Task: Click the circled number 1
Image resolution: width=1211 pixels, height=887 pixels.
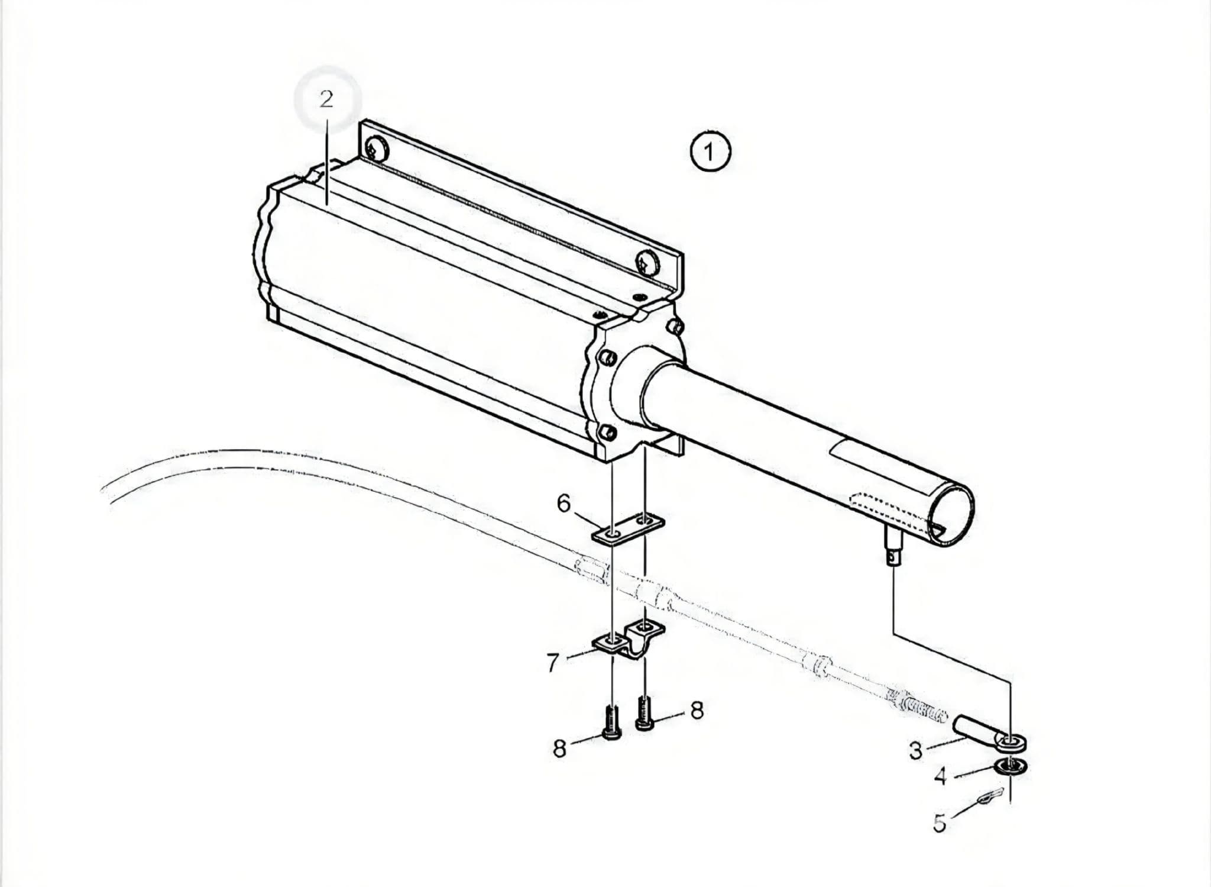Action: (x=710, y=152)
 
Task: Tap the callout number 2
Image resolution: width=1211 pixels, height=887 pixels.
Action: (x=326, y=99)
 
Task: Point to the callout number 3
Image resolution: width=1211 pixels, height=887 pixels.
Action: (x=915, y=750)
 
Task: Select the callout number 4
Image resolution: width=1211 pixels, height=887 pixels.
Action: (x=940, y=776)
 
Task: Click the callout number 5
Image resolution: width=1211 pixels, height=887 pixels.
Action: (x=940, y=823)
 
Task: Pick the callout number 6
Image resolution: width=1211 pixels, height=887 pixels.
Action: (x=564, y=504)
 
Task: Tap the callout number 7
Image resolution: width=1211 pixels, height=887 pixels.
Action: (x=553, y=663)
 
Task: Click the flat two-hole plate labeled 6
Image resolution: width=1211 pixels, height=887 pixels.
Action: (x=629, y=528)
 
